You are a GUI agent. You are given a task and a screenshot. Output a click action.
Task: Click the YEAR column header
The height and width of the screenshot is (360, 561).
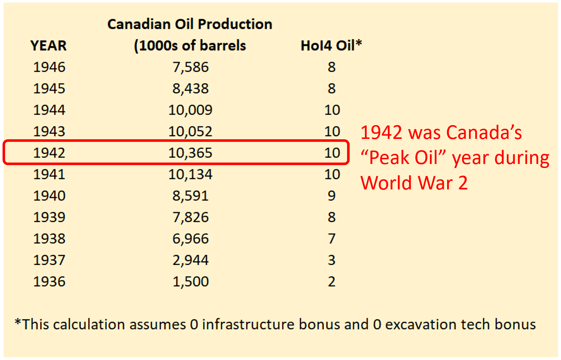pos(48,46)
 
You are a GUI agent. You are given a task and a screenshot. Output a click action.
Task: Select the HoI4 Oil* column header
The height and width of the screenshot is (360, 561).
pos(331,46)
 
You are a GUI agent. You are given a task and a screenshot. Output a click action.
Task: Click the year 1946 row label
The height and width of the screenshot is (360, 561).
pos(49,67)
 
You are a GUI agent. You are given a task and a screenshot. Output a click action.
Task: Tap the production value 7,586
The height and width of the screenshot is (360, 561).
pos(190,67)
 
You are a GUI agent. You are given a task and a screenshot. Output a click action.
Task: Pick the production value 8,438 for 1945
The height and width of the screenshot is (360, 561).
pos(190,89)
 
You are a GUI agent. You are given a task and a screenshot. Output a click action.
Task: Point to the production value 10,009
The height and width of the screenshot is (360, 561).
pos(190,110)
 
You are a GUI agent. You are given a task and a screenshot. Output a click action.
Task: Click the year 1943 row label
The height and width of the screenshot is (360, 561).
pos(49,132)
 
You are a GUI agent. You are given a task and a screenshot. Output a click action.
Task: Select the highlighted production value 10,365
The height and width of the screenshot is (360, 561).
pos(190,153)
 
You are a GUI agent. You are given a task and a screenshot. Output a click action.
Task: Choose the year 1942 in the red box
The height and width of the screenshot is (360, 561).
pos(49,153)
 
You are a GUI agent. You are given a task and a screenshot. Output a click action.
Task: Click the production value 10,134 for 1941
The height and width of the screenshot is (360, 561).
pos(190,175)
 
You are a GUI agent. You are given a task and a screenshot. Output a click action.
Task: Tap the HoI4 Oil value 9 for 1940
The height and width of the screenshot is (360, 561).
pos(331,196)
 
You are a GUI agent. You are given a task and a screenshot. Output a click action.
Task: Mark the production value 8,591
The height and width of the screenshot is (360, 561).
pos(190,196)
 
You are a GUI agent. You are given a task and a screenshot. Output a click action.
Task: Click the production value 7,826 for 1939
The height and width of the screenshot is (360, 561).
pos(190,217)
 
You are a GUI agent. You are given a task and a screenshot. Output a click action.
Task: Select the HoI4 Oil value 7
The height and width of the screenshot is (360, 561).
pos(331,239)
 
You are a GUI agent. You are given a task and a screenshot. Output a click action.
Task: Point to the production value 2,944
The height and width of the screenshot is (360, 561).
pos(190,260)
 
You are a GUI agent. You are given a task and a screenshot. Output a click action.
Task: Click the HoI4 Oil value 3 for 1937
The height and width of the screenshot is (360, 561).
pos(331,260)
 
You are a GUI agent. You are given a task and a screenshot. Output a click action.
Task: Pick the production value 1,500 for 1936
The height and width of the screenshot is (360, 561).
pos(190,282)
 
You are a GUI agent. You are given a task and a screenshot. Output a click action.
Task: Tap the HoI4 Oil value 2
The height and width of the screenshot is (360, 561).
pos(331,282)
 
